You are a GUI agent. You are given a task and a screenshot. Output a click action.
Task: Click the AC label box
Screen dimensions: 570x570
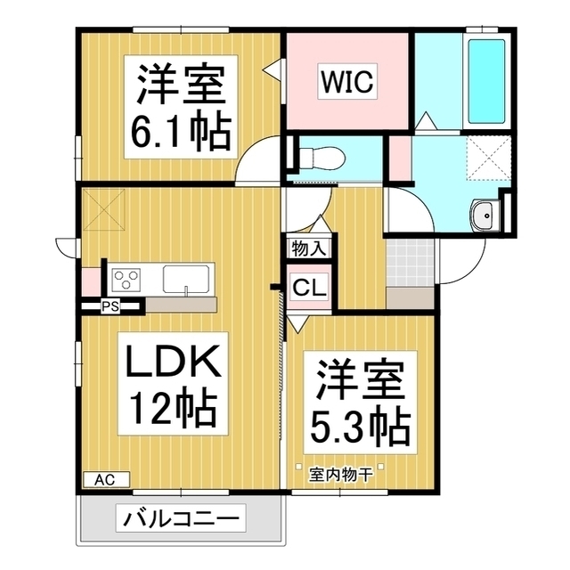(x=106, y=479)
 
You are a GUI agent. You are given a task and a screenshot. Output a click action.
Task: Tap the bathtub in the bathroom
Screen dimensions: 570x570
(x=486, y=79)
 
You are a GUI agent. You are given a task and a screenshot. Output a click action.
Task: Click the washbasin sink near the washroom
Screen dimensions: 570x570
(x=484, y=215)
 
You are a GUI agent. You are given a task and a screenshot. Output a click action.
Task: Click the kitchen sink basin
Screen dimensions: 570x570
(x=186, y=279)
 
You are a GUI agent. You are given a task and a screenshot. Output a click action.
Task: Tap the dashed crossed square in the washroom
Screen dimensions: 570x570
(x=489, y=160)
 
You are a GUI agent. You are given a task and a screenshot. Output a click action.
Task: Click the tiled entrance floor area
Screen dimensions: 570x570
(x=410, y=262)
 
